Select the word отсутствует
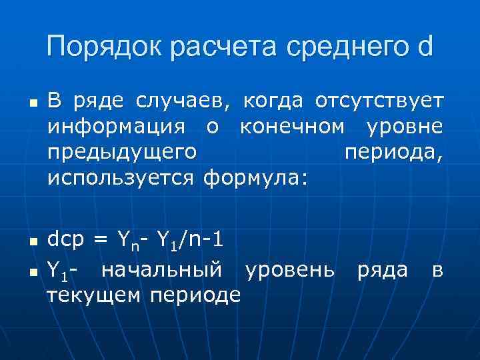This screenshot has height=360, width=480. point(378,101)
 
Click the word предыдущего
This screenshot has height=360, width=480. point(121,153)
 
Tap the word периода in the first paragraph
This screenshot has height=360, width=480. point(393,153)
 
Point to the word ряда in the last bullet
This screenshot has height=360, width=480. point(382,270)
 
